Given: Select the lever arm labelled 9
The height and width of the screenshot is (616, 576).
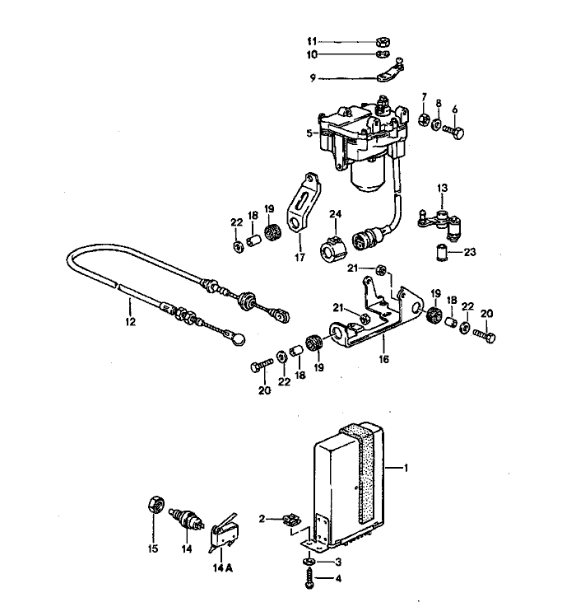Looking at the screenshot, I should [388, 75].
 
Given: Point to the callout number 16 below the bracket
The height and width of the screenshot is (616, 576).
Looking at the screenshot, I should [383, 358].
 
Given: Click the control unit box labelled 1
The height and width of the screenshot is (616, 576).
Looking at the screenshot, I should [350, 486].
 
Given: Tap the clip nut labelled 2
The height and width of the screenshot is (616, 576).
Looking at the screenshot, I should [289, 520].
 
